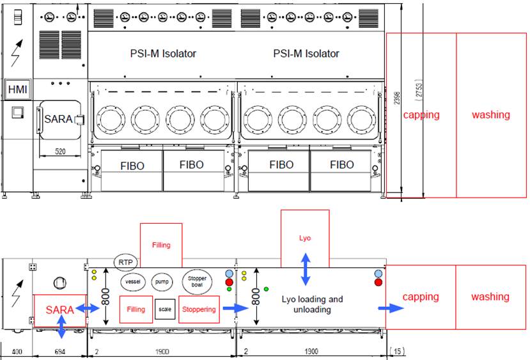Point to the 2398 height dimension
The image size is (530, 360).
[398, 96]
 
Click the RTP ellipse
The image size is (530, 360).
[125, 262]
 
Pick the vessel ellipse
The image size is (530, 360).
[133, 281]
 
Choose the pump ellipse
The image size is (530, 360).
[162, 281]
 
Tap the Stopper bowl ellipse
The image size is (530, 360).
[197, 281]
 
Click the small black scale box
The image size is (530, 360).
[165, 309]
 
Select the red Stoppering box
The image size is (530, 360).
[199, 309]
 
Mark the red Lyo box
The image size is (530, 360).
[305, 238]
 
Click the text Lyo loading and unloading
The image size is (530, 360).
[313, 304]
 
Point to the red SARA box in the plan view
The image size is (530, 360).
[59, 309]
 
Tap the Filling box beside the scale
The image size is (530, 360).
[136, 309]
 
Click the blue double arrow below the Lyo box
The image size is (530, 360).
[306, 269]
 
